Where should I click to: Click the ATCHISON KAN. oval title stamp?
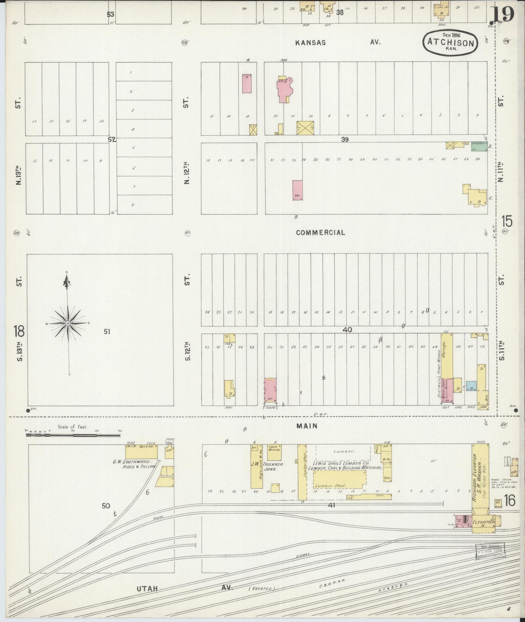tap(450, 43)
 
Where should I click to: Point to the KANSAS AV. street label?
tap(338, 42)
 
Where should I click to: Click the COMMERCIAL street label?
tap(320, 233)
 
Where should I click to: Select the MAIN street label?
tap(307, 426)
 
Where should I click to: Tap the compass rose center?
tap(68, 323)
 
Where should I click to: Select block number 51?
tap(107, 331)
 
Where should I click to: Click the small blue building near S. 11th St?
tap(471, 386)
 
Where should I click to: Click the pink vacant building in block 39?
tap(298, 190)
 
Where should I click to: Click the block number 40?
tap(347, 330)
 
